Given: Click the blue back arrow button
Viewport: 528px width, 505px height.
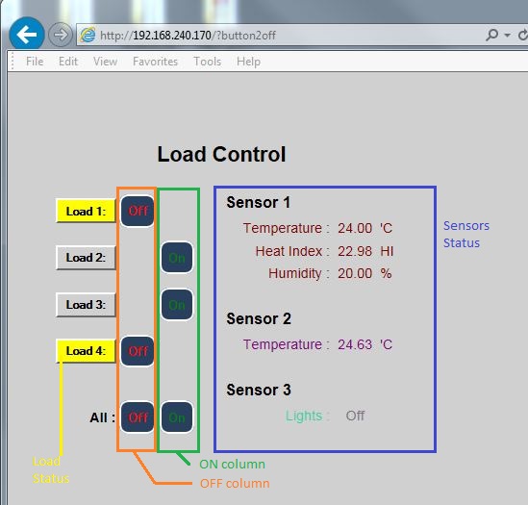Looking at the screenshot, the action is click(x=27, y=34).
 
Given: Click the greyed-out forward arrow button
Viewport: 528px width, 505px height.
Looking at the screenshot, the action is click(x=61, y=35).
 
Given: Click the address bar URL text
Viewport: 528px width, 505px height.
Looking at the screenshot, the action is click(x=188, y=36).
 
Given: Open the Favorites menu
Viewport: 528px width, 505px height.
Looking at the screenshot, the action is click(x=155, y=62).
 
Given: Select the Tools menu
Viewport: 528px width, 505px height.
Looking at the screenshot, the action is click(x=207, y=62).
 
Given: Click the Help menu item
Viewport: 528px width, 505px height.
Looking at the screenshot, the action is click(x=248, y=62).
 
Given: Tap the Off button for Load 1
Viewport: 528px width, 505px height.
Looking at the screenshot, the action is click(x=138, y=212).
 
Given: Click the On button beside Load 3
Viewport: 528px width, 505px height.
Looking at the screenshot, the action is click(x=177, y=305).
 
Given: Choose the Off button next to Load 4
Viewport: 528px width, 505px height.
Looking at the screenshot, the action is click(x=138, y=351).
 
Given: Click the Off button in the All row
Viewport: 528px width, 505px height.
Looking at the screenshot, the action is click(x=138, y=417).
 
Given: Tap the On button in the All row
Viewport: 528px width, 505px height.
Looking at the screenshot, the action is click(x=177, y=417).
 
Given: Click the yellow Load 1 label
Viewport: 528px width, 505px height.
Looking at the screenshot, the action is click(x=86, y=212).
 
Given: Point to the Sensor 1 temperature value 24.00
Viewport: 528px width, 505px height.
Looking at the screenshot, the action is click(x=355, y=228).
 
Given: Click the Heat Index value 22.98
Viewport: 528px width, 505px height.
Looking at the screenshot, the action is click(x=355, y=251).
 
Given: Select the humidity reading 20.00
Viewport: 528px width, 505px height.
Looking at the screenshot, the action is click(x=355, y=273).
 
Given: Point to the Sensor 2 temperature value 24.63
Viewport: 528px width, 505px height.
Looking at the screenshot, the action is click(x=355, y=344).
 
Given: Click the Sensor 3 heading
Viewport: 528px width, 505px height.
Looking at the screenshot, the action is click(x=259, y=390).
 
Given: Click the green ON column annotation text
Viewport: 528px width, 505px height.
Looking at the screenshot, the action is click(x=232, y=465).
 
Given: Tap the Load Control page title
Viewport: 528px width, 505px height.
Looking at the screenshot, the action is click(x=221, y=154).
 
